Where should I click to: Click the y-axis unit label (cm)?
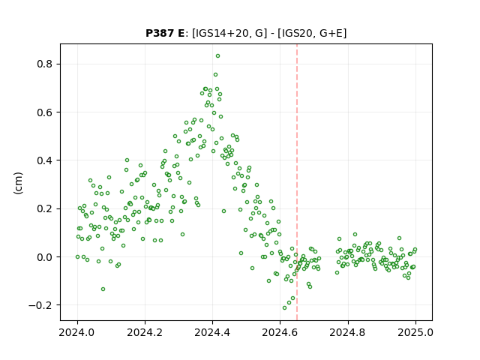click(18, 183)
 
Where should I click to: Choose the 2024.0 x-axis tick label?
click(77, 332)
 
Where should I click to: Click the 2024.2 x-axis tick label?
click(145, 332)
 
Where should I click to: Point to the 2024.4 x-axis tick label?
click(212, 332)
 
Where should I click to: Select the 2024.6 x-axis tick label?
click(280, 332)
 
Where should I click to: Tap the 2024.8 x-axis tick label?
click(348, 332)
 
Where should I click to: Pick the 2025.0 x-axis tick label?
click(415, 332)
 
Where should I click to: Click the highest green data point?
click(217, 56)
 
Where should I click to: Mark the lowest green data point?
click(284, 307)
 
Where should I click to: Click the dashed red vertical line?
click(297, 182)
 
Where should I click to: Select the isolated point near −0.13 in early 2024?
click(103, 289)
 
